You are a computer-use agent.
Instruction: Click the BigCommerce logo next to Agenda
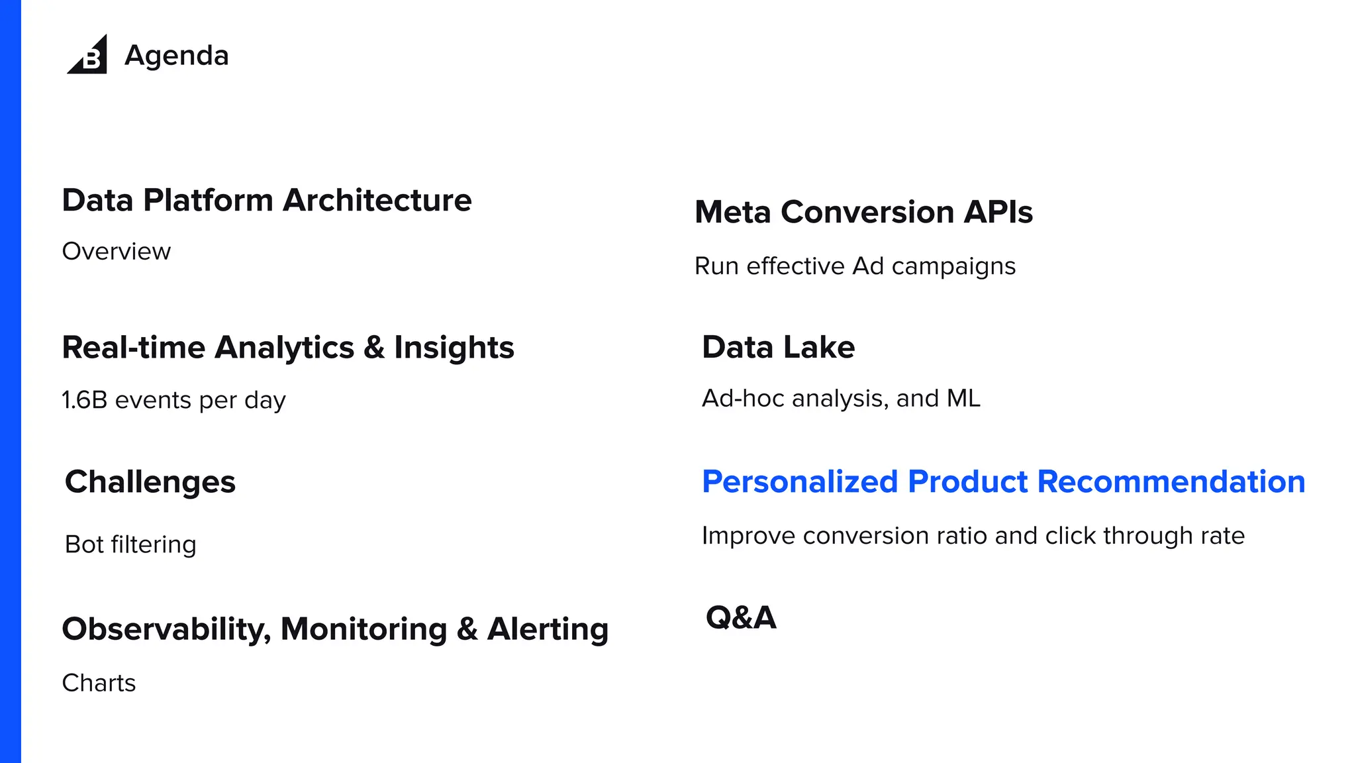tap(88, 55)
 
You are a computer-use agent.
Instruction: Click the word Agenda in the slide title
tap(176, 56)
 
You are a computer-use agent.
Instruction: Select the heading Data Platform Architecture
tap(266, 200)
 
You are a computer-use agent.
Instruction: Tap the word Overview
tap(117, 252)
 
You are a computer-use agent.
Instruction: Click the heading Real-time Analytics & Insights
tap(287, 348)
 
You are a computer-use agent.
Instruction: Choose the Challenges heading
tap(150, 482)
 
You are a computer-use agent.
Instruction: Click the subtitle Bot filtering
tap(130, 544)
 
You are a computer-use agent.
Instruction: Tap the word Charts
tap(99, 683)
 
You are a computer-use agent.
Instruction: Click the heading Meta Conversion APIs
tap(863, 213)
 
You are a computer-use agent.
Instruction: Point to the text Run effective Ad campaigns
tap(855, 266)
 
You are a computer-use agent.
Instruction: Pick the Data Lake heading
tap(778, 348)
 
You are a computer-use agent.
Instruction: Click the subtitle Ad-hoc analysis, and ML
tap(841, 399)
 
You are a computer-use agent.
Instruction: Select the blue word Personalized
tap(799, 482)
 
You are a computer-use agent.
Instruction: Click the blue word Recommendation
tap(1171, 482)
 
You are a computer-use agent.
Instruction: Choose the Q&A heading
tap(741, 617)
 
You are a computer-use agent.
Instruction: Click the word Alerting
tap(548, 629)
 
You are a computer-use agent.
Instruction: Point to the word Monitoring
tap(363, 629)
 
